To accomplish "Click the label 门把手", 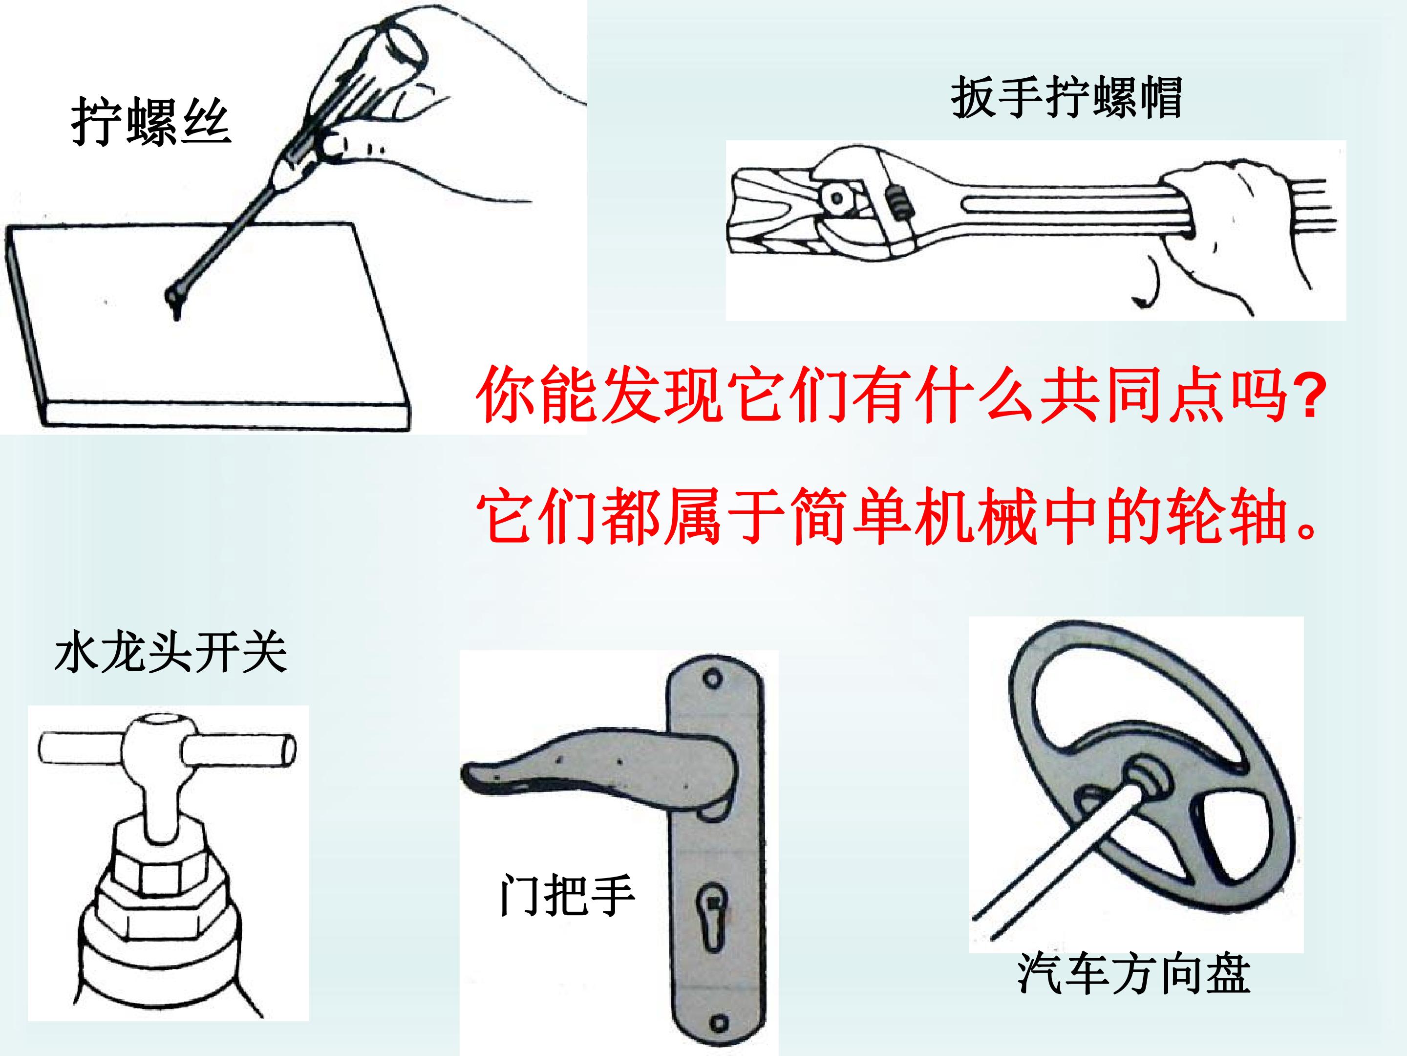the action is point(567,895).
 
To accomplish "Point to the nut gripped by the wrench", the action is point(838,198).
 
